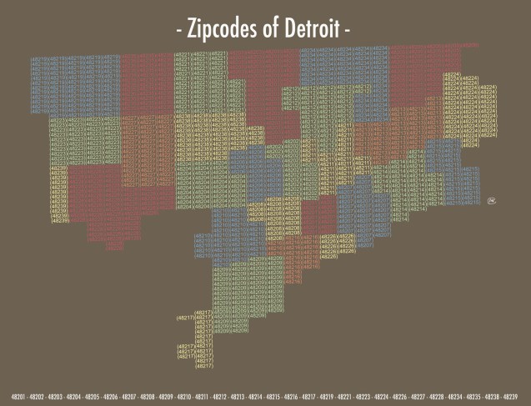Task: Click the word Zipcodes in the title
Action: (x=224, y=30)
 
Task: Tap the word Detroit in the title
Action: (x=308, y=30)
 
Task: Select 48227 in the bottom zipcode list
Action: (x=418, y=395)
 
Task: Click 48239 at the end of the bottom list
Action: (x=508, y=395)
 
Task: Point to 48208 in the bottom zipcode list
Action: (x=147, y=395)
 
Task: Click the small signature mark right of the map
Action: (x=492, y=201)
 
